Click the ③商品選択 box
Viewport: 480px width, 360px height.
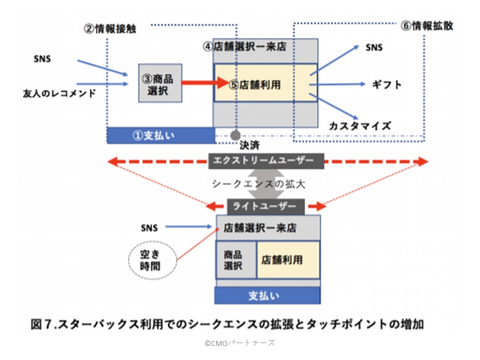[160, 83]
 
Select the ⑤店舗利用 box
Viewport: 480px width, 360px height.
[265, 83]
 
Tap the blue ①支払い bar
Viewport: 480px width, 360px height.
[160, 135]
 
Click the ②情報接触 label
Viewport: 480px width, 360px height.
[109, 28]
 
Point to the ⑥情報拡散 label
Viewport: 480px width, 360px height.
[427, 26]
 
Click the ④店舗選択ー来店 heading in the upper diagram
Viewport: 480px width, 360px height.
[244, 47]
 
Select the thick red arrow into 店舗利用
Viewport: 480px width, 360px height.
[205, 83]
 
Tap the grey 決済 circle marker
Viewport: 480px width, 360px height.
[235, 135]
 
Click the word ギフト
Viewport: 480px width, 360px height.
[387, 84]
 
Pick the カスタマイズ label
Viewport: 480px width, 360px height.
[359, 125]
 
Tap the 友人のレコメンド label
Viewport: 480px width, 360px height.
[59, 93]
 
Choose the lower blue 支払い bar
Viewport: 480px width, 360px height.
[267, 295]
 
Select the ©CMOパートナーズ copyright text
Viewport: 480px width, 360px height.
[239, 343]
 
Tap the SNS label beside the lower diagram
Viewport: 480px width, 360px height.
[148, 228]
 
